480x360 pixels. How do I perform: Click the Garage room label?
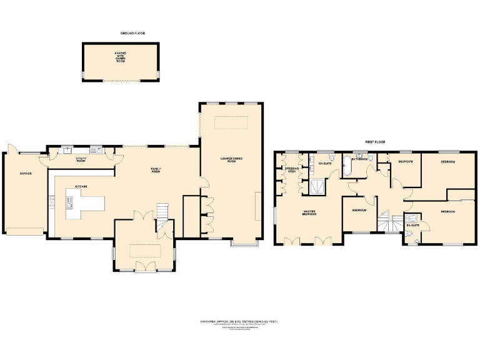[25, 173]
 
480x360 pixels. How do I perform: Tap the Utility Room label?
[81, 159]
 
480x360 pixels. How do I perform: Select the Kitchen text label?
[81, 186]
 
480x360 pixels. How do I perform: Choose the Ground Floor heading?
[132, 32]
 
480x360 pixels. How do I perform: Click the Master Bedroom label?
[309, 212]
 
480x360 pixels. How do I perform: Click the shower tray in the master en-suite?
[319, 186]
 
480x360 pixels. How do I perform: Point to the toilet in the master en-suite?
[312, 168]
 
